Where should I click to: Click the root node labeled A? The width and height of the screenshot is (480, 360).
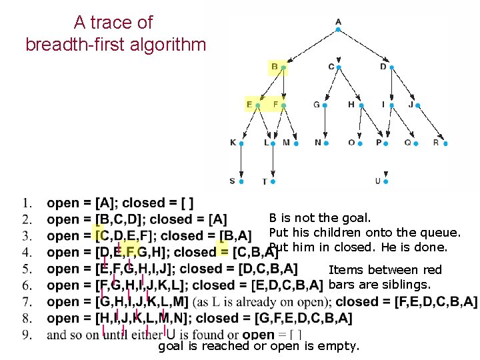(338, 23)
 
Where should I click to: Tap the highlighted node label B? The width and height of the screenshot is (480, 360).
(275, 67)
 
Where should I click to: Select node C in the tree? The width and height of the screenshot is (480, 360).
(332, 67)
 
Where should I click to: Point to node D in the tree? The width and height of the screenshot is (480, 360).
(383, 67)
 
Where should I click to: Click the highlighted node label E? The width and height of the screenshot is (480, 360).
(249, 105)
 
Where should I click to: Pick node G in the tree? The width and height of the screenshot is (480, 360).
(317, 105)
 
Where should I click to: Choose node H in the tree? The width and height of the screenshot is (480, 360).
(351, 105)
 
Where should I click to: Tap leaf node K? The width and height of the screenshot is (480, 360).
(233, 143)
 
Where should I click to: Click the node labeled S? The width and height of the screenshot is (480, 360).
(233, 181)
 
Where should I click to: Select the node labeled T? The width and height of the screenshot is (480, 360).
(265, 181)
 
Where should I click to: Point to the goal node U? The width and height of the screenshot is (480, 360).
(378, 181)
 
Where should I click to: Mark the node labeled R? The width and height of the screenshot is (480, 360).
(437, 143)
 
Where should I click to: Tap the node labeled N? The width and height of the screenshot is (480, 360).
(318, 143)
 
